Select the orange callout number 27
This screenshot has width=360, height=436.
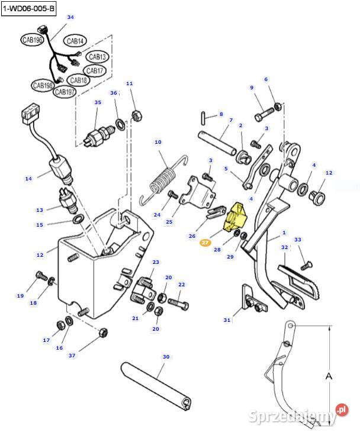click(205, 243)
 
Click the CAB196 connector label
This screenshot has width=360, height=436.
click(32, 40)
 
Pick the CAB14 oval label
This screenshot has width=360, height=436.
click(75, 41)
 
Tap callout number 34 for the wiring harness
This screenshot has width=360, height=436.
click(70, 17)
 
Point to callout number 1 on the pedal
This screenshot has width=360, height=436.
click(284, 233)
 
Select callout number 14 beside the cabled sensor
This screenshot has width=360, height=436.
click(28, 177)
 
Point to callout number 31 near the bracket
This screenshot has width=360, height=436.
click(227, 320)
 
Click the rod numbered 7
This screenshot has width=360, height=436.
click(219, 142)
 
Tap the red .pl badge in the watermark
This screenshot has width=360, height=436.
click(340, 409)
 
